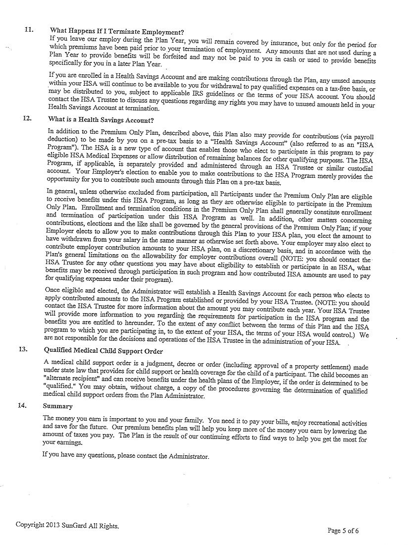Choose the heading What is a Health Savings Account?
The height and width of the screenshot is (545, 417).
(x=101, y=120)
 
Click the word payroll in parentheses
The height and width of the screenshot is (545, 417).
(x=362, y=134)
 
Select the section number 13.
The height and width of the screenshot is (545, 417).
(x=22, y=349)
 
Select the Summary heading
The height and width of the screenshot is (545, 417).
(x=57, y=406)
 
